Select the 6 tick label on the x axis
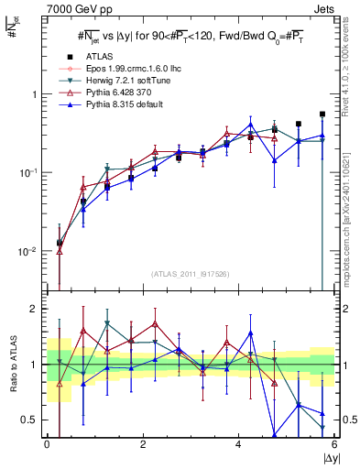(334, 446)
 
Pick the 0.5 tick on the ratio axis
(31, 420)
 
